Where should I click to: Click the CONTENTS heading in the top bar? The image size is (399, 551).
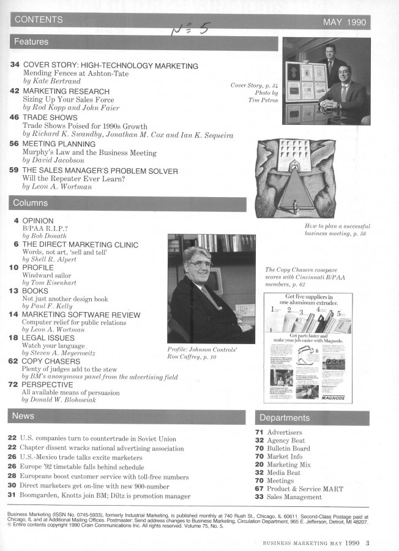(x=39, y=20)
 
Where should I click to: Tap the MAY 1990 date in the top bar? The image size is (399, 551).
(x=344, y=23)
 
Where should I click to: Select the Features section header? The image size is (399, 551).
(x=31, y=42)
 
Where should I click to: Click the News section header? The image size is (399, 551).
(x=23, y=416)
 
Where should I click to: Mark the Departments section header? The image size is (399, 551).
(x=285, y=418)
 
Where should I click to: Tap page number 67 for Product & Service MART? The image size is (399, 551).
(x=259, y=489)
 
